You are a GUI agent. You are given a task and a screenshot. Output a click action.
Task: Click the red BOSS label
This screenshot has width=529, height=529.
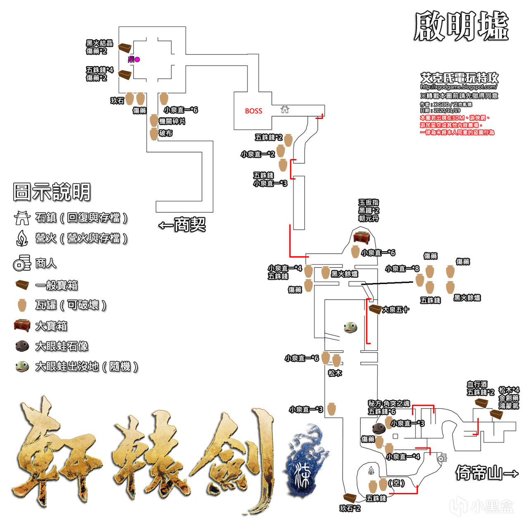tap(253, 111)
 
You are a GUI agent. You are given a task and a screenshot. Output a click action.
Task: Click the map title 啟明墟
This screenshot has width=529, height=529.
tap(461, 26)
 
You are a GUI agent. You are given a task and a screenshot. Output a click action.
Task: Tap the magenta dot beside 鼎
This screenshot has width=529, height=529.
tap(137, 60)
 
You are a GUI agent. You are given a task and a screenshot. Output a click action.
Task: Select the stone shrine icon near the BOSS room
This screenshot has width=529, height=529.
tap(285, 109)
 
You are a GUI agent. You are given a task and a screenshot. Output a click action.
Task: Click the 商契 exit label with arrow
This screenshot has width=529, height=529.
tap(182, 225)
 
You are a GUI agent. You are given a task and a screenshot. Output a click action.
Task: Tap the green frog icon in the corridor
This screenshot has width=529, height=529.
tap(350, 327)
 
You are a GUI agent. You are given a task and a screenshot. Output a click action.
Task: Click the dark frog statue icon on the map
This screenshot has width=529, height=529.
tap(379, 428)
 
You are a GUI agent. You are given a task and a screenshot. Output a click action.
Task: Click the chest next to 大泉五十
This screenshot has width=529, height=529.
tap(375, 309)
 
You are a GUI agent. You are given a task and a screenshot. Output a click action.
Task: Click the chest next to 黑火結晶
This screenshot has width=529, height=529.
tap(125, 47)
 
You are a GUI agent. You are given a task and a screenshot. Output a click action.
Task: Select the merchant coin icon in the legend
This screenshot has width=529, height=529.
tap(22, 263)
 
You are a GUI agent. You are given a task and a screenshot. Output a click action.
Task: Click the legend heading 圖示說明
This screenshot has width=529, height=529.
tap(52, 192)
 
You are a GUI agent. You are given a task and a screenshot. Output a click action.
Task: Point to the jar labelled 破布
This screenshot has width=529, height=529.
tap(154, 133)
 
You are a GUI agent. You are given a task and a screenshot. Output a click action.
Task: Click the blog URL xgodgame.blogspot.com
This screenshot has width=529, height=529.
tap(459, 87)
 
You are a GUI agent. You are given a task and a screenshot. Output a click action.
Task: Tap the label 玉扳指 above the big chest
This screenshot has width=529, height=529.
tap(368, 203)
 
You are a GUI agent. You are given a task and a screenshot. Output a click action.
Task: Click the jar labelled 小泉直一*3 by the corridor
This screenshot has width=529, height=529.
tap(331, 409)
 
